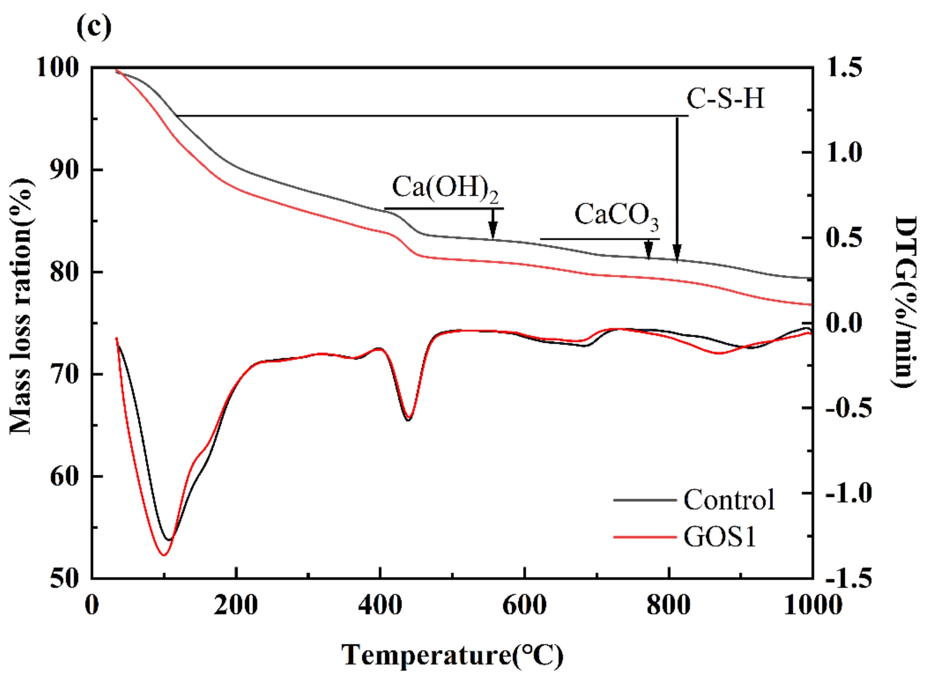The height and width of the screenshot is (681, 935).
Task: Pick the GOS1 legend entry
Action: tap(720, 537)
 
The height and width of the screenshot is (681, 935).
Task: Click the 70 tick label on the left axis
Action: tap(64, 375)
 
